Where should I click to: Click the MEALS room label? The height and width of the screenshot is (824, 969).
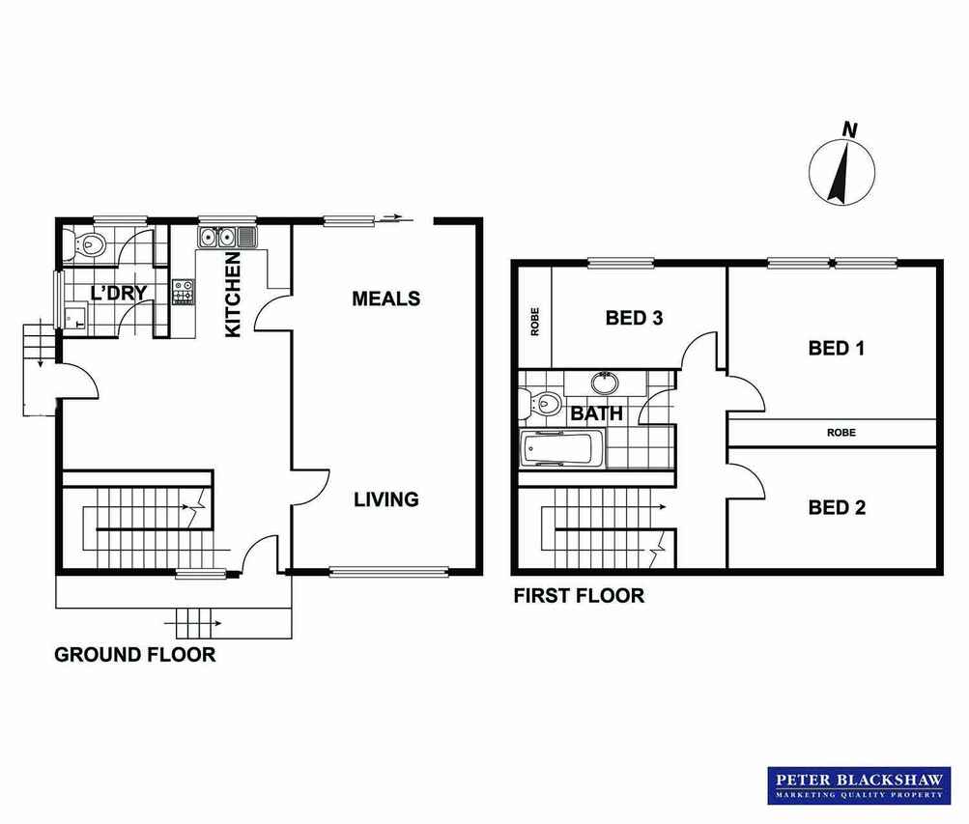tap(386, 298)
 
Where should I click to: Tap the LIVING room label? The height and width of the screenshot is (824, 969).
tap(386, 499)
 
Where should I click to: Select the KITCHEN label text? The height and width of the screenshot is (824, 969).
tap(233, 296)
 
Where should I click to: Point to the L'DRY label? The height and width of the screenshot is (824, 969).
tap(119, 292)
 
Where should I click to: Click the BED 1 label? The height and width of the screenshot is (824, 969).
tap(836, 349)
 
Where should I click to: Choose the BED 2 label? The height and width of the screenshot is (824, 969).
tap(837, 508)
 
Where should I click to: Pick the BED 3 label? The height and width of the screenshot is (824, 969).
tap(634, 318)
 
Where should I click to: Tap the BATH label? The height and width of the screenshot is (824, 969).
tap(596, 413)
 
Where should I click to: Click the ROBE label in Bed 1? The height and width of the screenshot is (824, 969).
tap(841, 433)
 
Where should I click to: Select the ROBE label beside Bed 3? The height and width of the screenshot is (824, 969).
tap(535, 322)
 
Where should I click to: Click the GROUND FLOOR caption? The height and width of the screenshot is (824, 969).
tap(134, 655)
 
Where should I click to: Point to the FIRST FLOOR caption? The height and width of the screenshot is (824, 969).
tap(579, 596)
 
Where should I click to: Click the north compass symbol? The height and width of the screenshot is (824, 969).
tap(842, 167)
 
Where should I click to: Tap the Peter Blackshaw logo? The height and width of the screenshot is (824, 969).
tap(859, 785)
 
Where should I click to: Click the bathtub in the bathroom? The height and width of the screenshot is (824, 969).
tap(562, 449)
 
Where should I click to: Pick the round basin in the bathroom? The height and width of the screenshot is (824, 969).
tap(605, 383)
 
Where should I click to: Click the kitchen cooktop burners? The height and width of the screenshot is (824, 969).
tap(183, 292)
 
